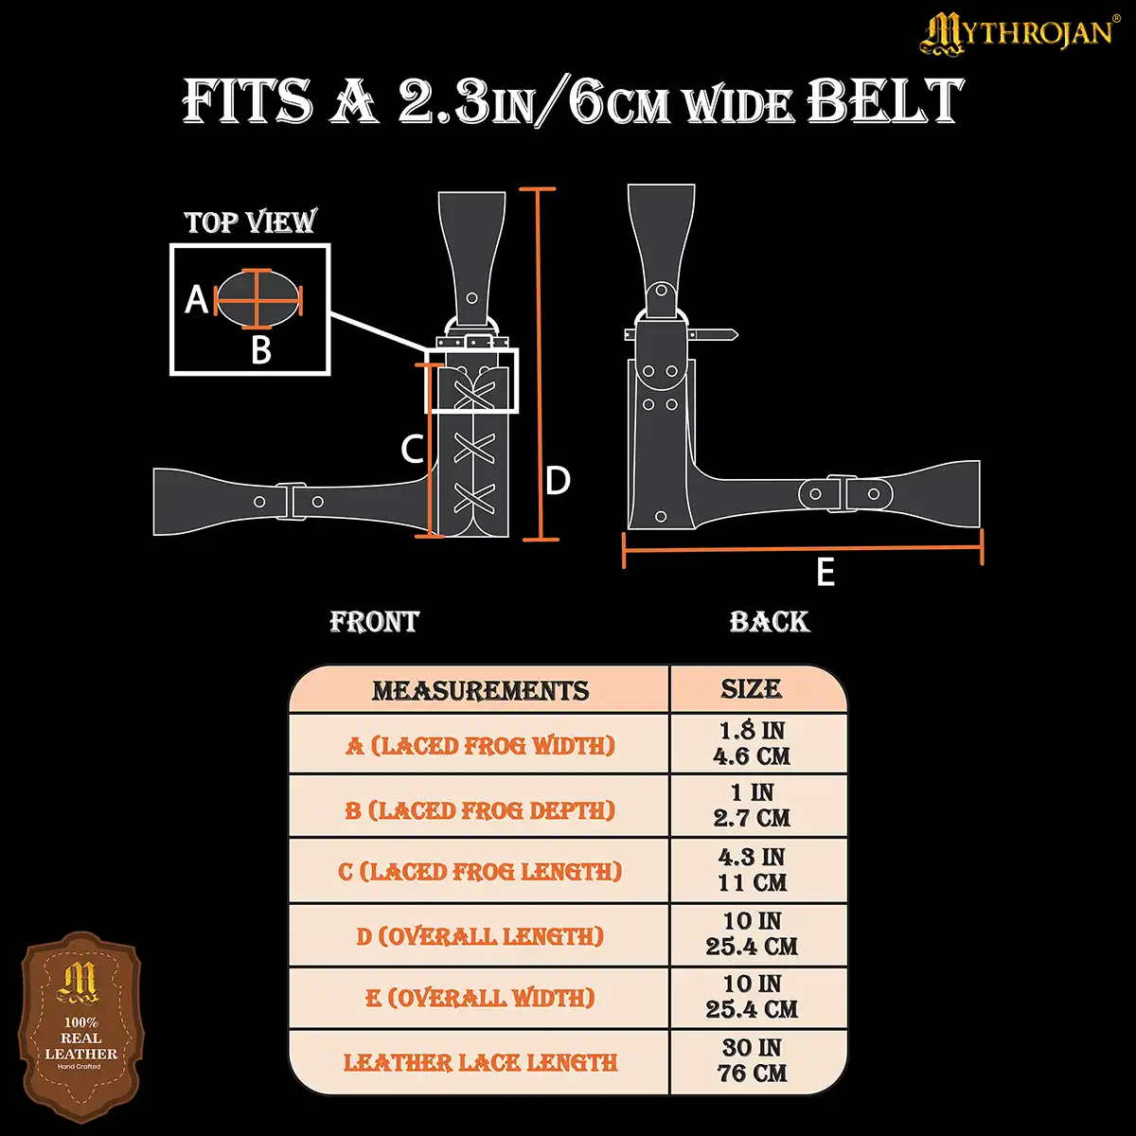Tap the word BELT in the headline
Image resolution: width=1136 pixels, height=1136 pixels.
point(885,101)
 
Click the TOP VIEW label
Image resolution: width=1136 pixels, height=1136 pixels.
point(250,222)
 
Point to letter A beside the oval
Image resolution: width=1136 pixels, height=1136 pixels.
point(196,300)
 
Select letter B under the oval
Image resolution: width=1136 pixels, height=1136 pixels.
point(261,351)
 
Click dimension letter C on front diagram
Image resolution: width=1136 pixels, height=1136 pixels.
point(412,449)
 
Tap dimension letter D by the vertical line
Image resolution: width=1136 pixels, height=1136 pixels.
point(559,481)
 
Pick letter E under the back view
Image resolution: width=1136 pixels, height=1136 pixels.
point(825,573)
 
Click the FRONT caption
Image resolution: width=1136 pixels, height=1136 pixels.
point(374,622)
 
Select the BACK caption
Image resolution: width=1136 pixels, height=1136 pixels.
point(769,622)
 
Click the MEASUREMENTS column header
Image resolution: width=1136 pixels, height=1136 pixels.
point(480,691)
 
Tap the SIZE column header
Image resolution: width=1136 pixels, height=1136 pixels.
point(752,689)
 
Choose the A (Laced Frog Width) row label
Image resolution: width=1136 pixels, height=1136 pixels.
point(480,746)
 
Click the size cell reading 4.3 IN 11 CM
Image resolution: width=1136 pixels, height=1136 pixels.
point(752,870)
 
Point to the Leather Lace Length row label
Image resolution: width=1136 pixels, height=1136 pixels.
point(480,1063)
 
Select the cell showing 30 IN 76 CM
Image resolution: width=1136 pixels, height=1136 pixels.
point(752,1061)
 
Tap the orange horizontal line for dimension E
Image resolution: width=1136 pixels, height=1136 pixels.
point(803,547)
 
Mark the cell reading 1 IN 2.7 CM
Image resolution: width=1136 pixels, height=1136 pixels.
point(752,806)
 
